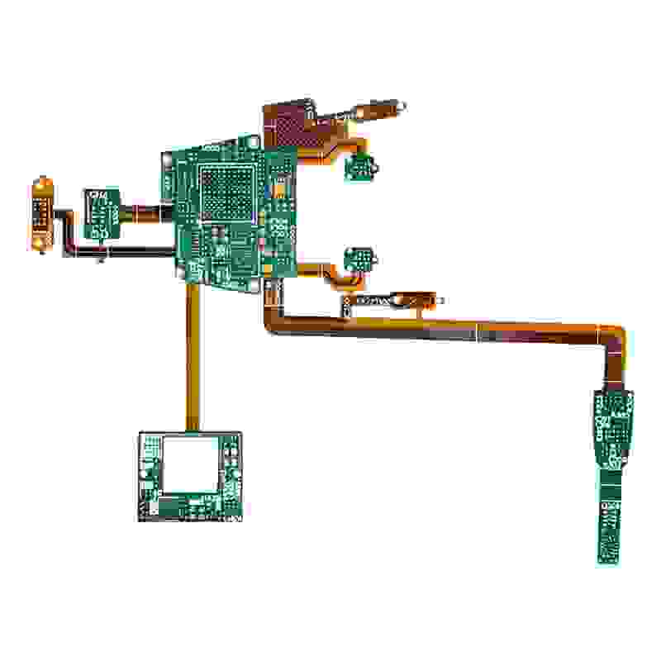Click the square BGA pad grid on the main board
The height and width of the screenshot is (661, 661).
tap(227, 193)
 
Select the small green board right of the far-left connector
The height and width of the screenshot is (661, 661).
tap(101, 213)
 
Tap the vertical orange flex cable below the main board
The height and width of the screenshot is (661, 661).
tap(192, 355)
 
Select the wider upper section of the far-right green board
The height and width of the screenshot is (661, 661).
tap(612, 426)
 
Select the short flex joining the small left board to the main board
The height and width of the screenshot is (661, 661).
tap(145, 212)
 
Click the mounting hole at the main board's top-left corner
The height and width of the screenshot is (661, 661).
tap(167, 155)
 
